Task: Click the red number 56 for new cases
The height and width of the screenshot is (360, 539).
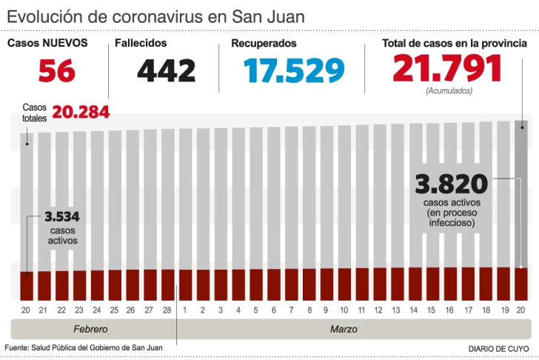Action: [x=56, y=71]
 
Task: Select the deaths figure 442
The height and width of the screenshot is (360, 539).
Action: [x=166, y=71]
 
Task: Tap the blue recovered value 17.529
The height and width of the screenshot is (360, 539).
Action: [x=294, y=71]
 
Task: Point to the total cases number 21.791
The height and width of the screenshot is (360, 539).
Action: [x=447, y=69]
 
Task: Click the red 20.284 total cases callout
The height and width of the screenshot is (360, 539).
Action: [x=81, y=113]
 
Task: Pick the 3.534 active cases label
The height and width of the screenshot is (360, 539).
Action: [x=61, y=217]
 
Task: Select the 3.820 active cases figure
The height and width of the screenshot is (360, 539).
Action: [x=451, y=184]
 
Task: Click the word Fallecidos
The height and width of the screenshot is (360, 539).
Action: [x=141, y=44]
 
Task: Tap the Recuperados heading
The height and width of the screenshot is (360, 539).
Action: [x=264, y=44]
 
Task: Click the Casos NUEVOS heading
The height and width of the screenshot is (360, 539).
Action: [x=47, y=44]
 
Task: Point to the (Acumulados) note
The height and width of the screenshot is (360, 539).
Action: [x=449, y=91]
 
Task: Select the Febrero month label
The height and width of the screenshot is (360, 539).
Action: [x=90, y=328]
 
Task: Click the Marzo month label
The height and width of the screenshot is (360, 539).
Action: [x=344, y=328]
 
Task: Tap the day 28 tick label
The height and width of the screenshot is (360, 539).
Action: [x=167, y=310]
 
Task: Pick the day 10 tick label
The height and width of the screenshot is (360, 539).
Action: [x=344, y=310]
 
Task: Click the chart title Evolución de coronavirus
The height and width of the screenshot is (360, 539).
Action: [x=155, y=16]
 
